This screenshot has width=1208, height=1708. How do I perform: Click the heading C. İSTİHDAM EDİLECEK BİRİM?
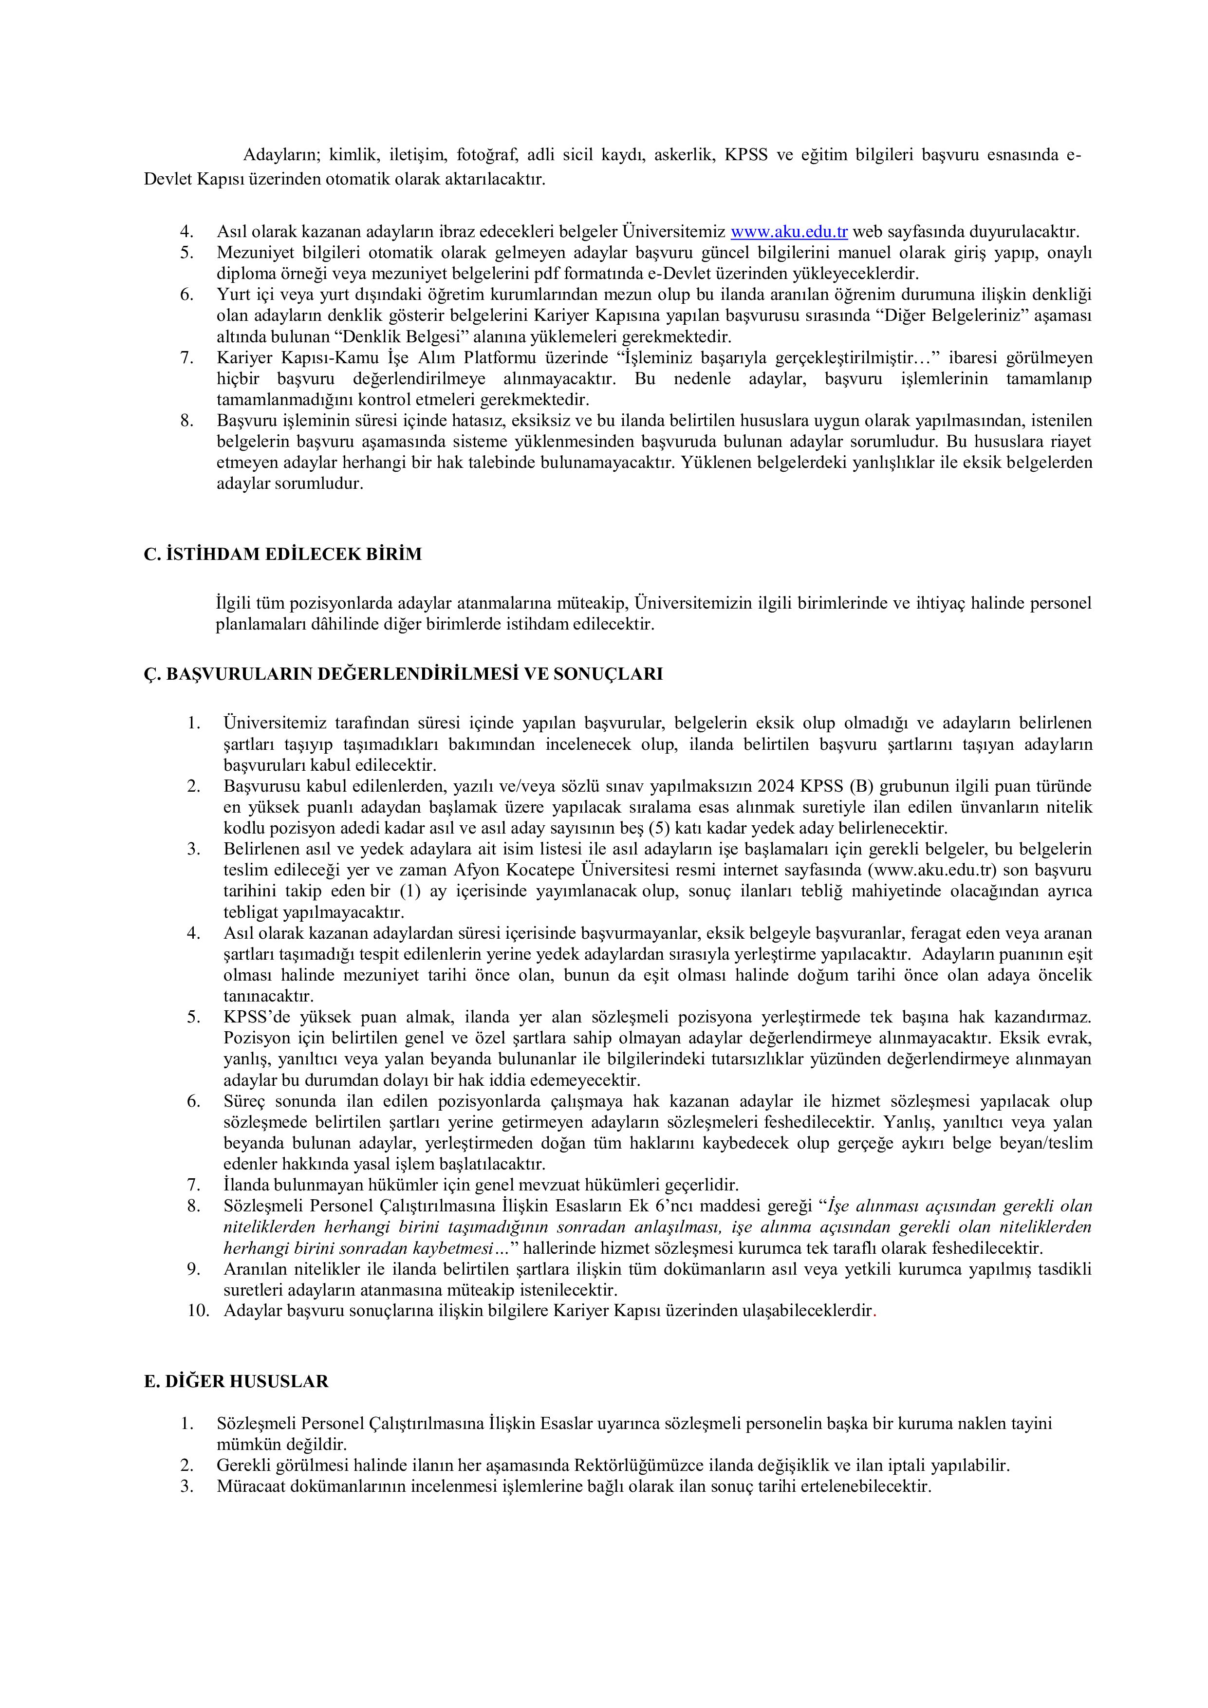pyautogui.click(x=283, y=554)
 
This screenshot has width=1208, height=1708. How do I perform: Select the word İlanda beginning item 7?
pyautogui.click(x=247, y=1184)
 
